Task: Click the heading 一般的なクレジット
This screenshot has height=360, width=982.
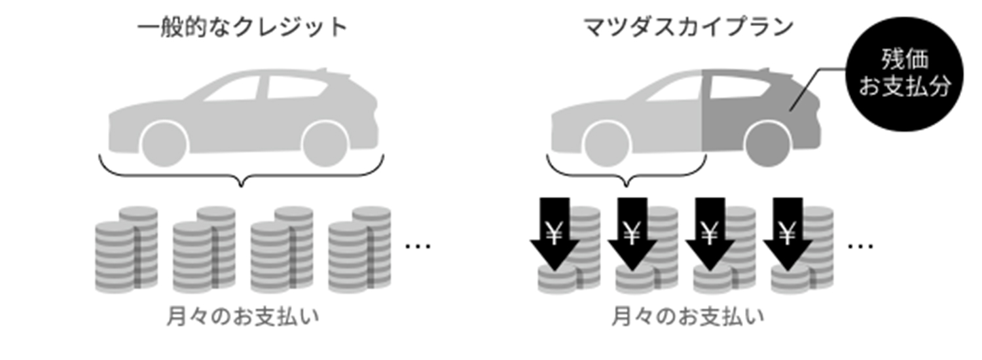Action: (x=242, y=28)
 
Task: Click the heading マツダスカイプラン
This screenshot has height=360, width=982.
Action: (x=688, y=28)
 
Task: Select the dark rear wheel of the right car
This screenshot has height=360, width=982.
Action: (x=767, y=144)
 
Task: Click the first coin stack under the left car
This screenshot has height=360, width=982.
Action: (x=126, y=249)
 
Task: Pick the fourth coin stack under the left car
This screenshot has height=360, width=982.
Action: (x=359, y=249)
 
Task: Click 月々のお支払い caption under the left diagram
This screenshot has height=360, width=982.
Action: (x=242, y=317)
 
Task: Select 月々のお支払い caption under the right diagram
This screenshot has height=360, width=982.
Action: (x=687, y=317)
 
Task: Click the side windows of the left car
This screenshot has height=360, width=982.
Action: (x=262, y=88)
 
